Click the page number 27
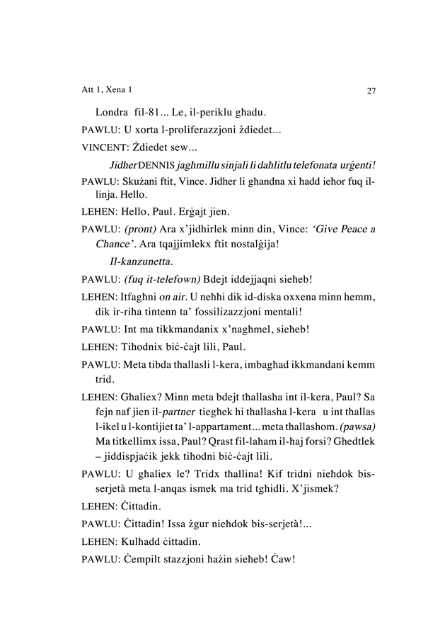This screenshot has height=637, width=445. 371,91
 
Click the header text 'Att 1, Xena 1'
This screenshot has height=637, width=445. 108,90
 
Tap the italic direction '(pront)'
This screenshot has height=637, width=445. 140,230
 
